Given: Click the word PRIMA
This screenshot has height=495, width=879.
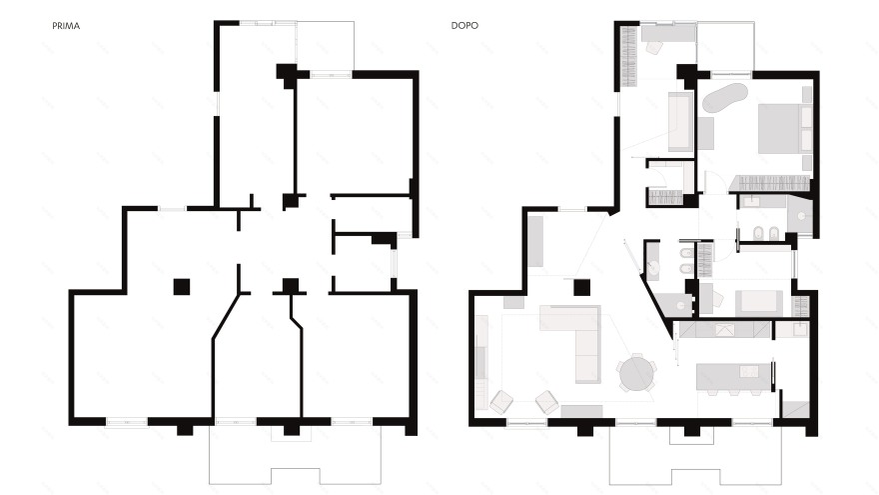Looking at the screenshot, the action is coord(66,26).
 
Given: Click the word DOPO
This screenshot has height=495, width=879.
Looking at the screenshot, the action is coord(464,25).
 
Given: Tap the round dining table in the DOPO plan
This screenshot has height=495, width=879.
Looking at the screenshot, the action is coord(637,373).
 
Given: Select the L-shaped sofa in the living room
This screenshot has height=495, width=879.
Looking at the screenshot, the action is coord(577,337).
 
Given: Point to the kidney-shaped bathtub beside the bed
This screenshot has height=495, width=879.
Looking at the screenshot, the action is coord(725,98).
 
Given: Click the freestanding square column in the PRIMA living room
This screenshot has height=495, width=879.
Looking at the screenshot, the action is coord(181,287).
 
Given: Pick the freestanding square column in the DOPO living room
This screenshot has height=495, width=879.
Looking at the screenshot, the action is coord(581,288).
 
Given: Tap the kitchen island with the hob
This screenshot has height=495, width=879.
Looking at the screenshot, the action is coord(734,377).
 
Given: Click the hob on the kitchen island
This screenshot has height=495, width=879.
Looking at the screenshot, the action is coord(749,371).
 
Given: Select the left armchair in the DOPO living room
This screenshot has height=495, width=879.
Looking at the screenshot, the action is coord(501,402).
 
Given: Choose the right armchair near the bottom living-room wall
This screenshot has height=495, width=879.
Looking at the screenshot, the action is coord(546,402).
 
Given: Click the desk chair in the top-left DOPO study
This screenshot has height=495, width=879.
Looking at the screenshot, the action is coord(654,47).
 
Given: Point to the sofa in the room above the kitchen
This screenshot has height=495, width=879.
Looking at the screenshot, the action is coord(758,303).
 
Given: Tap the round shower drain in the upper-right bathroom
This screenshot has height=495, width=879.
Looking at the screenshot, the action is coord(801,216).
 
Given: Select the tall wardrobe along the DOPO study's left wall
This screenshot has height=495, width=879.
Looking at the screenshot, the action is coord(628,57).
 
